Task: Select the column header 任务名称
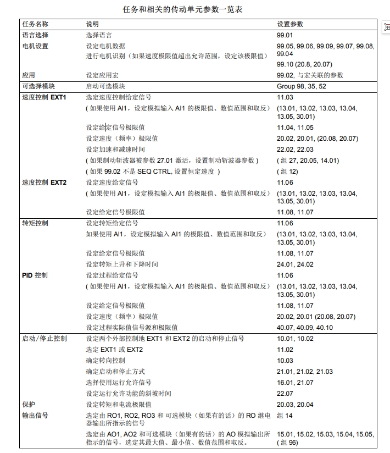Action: point(35,24)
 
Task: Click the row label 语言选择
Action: point(35,35)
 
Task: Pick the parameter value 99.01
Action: point(285,35)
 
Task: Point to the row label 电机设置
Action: point(35,46)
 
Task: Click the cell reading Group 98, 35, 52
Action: point(302,86)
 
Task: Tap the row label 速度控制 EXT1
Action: point(44,97)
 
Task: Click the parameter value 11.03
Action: point(285,97)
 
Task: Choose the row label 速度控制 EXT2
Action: point(44,183)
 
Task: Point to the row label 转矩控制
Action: point(35,223)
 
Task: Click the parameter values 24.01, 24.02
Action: point(296,264)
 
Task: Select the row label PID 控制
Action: point(35,275)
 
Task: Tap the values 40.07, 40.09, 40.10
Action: point(305,328)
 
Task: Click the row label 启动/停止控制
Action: point(44,339)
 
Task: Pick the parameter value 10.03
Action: point(285,361)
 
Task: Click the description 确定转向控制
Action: point(105,361)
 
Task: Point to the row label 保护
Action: point(29,405)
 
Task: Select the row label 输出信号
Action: point(35,416)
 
